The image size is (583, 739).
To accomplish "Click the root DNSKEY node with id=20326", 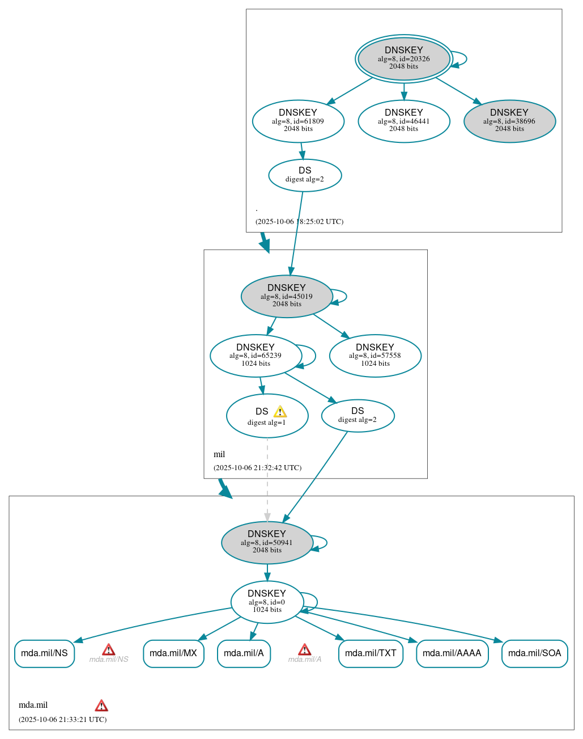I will pos(403,58).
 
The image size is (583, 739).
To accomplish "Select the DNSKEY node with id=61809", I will pos(298,121).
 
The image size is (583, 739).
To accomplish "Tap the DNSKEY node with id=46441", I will pos(403,121).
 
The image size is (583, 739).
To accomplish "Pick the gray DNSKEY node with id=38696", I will pos(509,121).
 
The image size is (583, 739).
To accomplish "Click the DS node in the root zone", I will pos(305,175).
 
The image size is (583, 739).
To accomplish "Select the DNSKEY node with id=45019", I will pos(287,296).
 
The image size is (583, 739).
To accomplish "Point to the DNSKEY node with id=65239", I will pos(256,356).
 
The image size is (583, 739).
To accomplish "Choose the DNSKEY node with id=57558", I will pos(375,356).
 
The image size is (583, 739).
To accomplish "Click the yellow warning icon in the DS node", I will pos(280,412).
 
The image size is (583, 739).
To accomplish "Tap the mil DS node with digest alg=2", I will pos(358,416).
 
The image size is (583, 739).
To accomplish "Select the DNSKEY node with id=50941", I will pos(267,542).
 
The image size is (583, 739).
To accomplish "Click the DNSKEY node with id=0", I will pos(267,602).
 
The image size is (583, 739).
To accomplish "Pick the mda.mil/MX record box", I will pos(173,653).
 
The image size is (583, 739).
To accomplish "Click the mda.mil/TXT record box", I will pos(371,653).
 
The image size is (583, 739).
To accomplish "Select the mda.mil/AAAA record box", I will pos(452,653).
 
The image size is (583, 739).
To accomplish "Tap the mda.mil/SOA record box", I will pos(534,653).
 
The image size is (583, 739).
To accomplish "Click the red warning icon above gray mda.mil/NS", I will pos(109,649).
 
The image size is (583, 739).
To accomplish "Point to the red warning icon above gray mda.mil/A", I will pos(304,649).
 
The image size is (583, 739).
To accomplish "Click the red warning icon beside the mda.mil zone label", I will pos(101,706).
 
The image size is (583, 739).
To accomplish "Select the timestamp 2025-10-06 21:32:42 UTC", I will pos(257,468).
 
